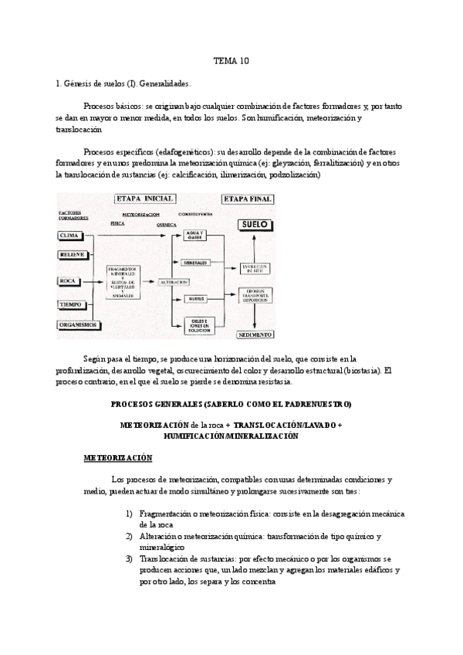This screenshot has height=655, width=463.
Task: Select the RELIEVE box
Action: pos(73,254)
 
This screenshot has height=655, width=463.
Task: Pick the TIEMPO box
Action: pos(71,305)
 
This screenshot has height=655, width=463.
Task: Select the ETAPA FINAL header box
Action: pos(248,199)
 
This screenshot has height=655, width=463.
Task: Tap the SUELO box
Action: pos(254,226)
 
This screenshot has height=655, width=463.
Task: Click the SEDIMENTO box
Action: pos(255,335)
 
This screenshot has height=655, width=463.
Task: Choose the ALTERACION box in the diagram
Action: pos(174,283)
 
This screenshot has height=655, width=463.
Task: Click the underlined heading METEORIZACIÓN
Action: pos(118,458)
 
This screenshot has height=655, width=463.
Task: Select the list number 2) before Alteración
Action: pos(128,536)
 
